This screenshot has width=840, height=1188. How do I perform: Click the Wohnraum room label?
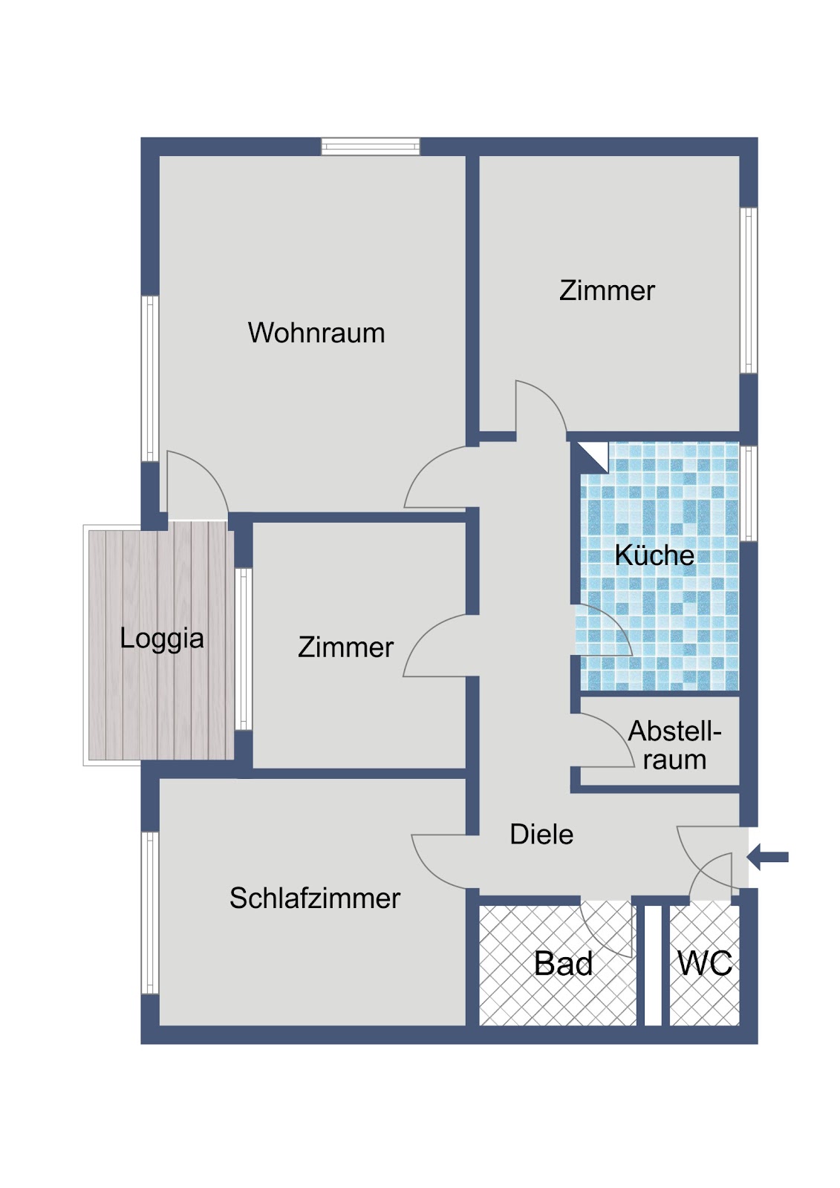[316, 333]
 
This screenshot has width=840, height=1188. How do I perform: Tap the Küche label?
[654, 555]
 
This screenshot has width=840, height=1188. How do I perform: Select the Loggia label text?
[162, 639]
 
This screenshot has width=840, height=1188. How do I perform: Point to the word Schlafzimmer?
[315, 898]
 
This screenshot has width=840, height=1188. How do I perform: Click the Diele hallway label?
[541, 834]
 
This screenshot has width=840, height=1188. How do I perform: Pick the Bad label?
[563, 963]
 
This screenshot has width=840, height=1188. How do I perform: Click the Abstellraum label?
[674, 745]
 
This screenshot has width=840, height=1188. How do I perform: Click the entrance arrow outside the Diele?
[767, 857]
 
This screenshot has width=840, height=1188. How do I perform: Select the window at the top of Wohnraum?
[371, 146]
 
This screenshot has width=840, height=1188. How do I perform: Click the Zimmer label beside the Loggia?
[345, 647]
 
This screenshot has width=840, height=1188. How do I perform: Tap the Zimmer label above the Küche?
[607, 290]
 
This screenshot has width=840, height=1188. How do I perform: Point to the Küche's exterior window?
[748, 493]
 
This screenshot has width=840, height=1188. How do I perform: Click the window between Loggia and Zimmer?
[244, 649]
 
